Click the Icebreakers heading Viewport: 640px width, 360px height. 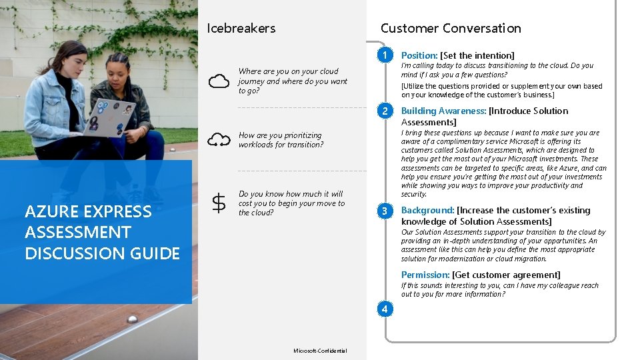pos(241,28)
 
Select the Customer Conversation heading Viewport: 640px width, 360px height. pos(451,28)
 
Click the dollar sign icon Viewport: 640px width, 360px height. pos(218,203)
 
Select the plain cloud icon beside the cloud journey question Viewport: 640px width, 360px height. pos(219,81)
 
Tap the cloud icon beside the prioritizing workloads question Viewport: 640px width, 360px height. pos(219,139)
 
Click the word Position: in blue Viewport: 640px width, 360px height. pos(419,55)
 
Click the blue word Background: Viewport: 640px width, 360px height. pos(427,211)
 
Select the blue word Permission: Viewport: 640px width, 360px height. pos(425,275)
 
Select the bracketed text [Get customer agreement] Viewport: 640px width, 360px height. pos(506,275)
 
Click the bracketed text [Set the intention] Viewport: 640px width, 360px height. pos(477,55)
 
